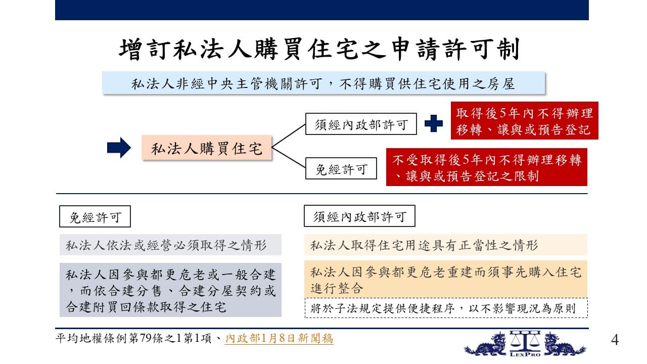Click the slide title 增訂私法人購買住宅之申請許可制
click(x=319, y=49)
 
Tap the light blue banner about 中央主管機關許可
click(x=323, y=83)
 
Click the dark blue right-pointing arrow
click(x=119, y=148)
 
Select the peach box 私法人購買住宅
click(x=207, y=148)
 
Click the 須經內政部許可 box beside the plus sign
click(x=361, y=124)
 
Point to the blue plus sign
click(x=434, y=123)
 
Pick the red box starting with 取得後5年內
click(x=525, y=121)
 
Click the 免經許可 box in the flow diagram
click(x=341, y=168)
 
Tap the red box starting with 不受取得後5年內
click(x=487, y=167)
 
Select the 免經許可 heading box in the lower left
click(x=95, y=216)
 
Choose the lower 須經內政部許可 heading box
click(x=359, y=216)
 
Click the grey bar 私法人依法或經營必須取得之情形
click(x=170, y=245)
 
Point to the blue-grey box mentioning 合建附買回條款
click(x=170, y=290)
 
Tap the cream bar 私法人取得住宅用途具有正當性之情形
click(x=446, y=245)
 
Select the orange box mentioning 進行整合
click(x=446, y=279)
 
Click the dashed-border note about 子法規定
click(x=446, y=308)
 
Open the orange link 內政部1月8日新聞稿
click(x=279, y=338)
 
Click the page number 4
click(x=615, y=340)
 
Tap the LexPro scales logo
click(x=525, y=344)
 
